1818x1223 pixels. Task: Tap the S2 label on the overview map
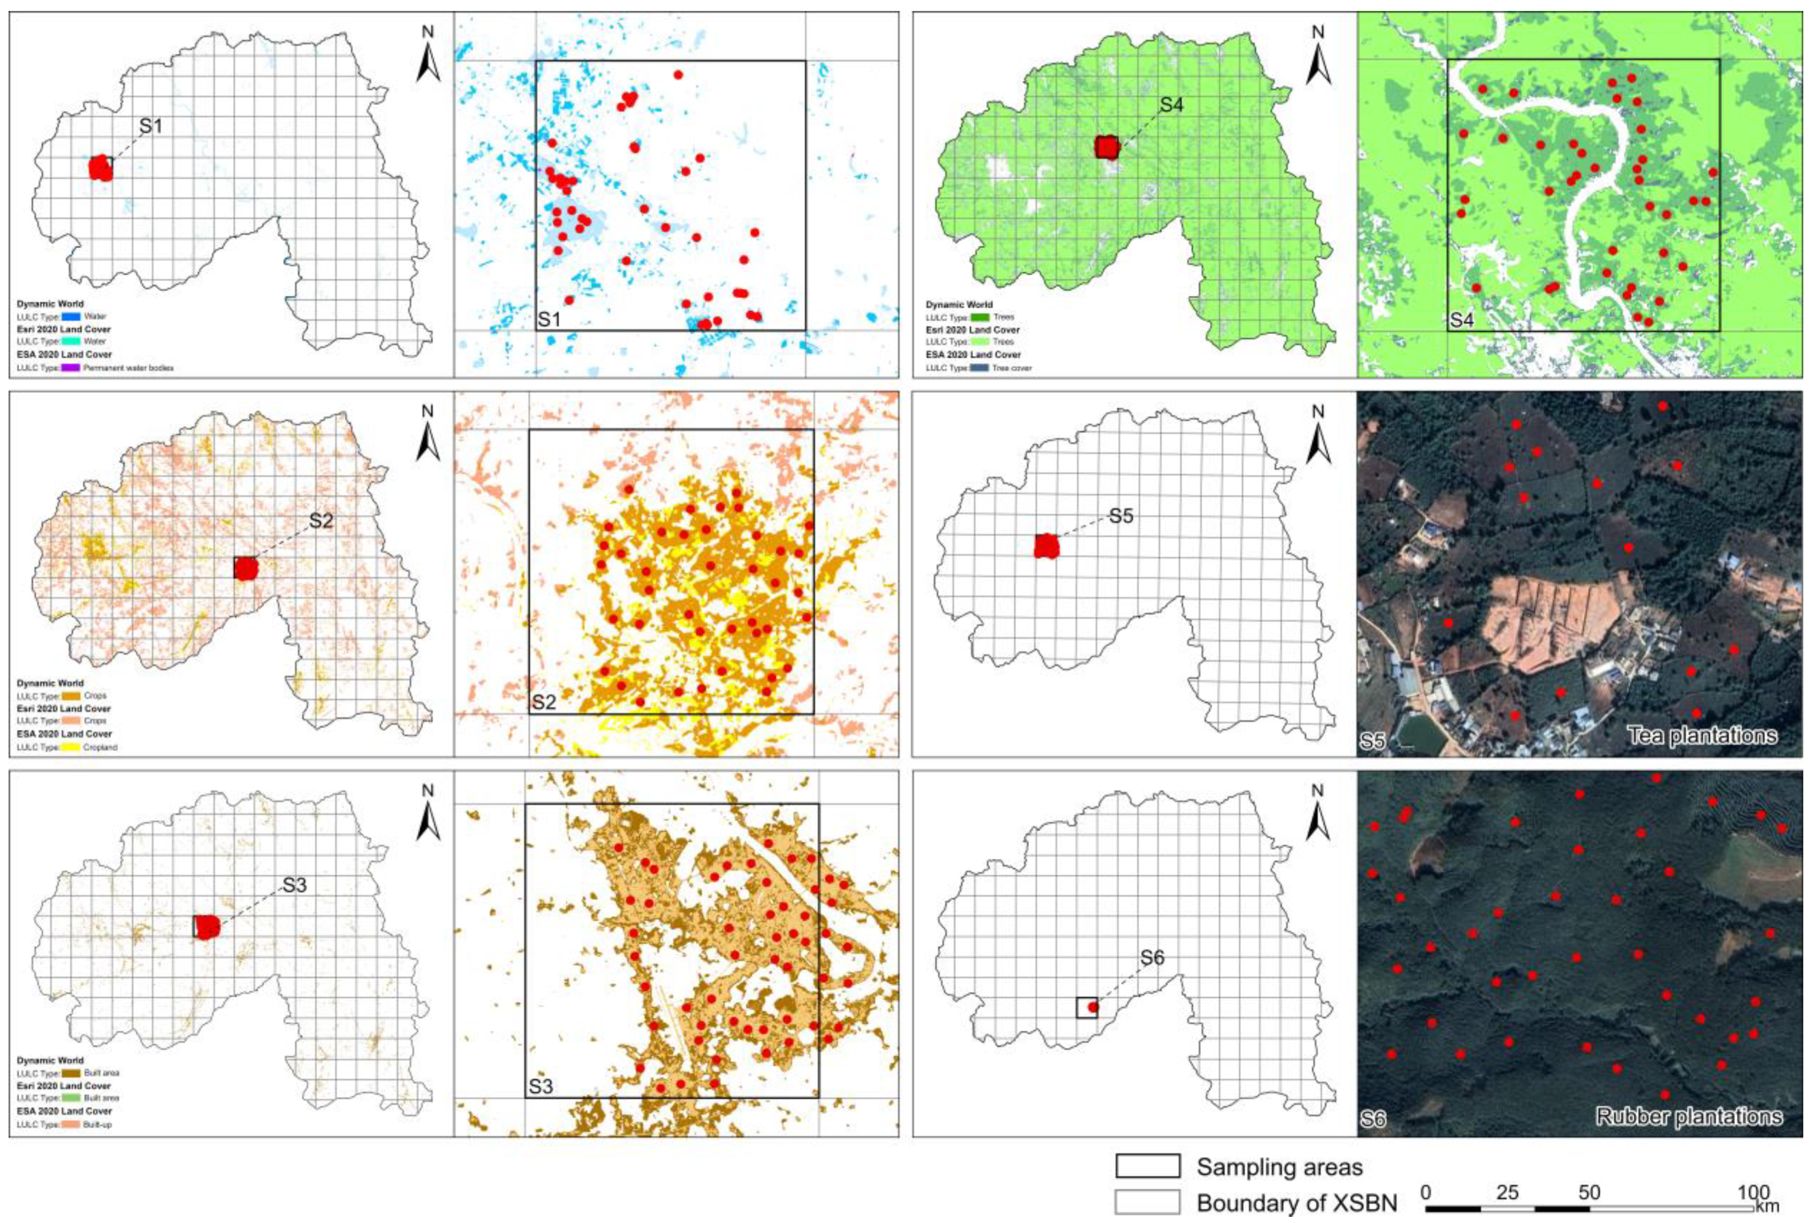pyautogui.click(x=321, y=520)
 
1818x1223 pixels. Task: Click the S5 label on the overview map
pyautogui.click(x=1120, y=516)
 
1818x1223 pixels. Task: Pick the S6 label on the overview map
pyautogui.click(x=1152, y=957)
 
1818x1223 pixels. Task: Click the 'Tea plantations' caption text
pyautogui.click(x=1702, y=735)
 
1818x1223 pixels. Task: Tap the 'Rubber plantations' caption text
pyautogui.click(x=1688, y=1116)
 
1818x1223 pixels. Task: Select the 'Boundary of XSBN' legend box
pyautogui.click(x=1147, y=1202)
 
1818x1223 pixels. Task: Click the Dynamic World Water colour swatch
pyautogui.click(x=72, y=318)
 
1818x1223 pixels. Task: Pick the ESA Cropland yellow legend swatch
pyautogui.click(x=72, y=747)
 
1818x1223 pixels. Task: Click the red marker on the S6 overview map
pyautogui.click(x=1093, y=1007)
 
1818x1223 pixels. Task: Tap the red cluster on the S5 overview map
pyautogui.click(x=1047, y=546)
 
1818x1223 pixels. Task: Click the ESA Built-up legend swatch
pyautogui.click(x=72, y=1124)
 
